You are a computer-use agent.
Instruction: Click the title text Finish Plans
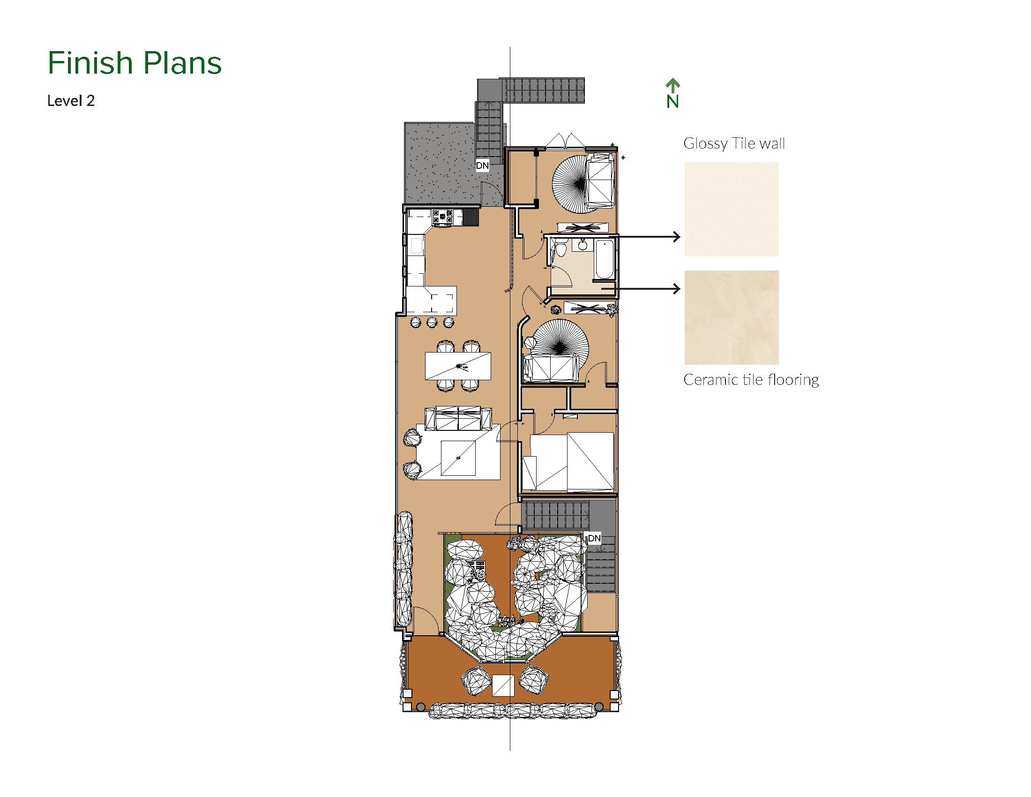134,63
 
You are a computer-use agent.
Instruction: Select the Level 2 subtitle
71,101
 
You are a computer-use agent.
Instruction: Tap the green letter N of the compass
672,102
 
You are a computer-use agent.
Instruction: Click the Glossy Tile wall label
734,143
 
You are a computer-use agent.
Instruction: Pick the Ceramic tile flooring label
751,380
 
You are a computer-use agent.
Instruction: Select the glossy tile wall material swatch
731,209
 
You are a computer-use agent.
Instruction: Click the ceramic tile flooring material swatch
731,317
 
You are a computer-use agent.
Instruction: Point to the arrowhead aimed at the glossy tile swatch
677,237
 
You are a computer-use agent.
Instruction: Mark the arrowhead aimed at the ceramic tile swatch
677,288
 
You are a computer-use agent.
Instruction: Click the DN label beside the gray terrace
482,165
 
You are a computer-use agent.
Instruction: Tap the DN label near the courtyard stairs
594,538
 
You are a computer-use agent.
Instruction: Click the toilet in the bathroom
561,248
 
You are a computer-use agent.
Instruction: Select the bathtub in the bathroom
604,259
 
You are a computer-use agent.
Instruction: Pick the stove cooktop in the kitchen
442,218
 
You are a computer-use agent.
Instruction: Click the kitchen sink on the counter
416,246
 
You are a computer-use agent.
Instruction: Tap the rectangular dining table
458,366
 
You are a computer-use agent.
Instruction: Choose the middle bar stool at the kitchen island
432,323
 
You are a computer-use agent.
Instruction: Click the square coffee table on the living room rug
458,458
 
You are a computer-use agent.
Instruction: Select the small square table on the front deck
503,685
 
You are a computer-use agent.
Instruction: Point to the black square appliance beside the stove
471,218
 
